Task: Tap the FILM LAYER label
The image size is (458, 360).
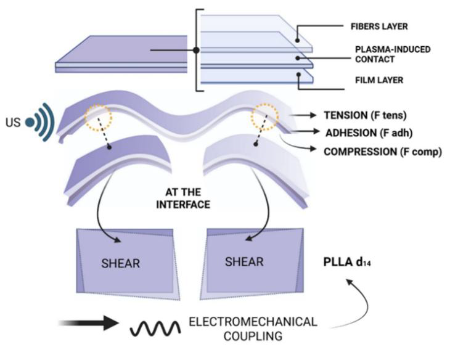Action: click(x=375, y=80)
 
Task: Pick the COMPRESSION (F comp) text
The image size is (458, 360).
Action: click(x=380, y=150)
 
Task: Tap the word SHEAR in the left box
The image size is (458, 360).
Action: click(x=121, y=263)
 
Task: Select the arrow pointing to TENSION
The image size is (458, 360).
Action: click(x=301, y=115)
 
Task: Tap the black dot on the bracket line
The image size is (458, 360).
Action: click(x=195, y=49)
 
